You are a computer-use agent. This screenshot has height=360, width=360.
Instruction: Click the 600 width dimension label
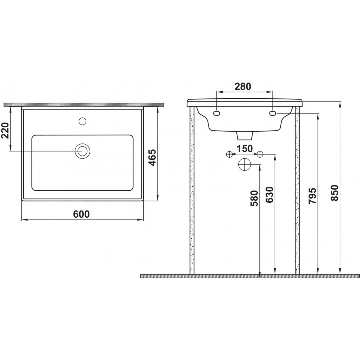[81, 214]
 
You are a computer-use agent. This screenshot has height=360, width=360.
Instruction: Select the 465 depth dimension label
[152, 157]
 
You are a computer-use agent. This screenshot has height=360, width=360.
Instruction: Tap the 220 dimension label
[5, 131]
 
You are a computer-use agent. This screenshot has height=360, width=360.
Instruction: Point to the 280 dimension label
[243, 86]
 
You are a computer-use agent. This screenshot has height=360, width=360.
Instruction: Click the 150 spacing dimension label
[244, 149]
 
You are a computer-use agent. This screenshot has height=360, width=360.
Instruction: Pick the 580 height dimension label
[254, 198]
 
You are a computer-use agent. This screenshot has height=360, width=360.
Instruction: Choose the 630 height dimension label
[270, 195]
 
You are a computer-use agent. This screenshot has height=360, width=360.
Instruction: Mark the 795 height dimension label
[312, 196]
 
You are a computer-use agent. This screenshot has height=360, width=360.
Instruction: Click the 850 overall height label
[334, 193]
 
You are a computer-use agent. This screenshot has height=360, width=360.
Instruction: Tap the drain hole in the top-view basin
[82, 151]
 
